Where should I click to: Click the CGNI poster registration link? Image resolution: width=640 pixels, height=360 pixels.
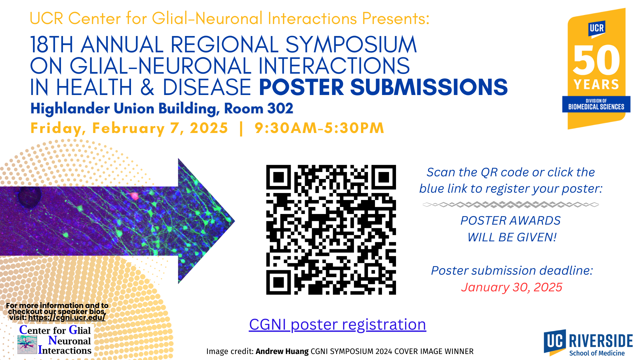click(x=337, y=324)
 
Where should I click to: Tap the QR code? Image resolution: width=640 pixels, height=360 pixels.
click(x=331, y=230)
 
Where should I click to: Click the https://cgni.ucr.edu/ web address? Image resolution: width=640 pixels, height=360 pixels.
click(x=67, y=317)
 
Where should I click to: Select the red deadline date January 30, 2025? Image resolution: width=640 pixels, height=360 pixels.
click(x=512, y=287)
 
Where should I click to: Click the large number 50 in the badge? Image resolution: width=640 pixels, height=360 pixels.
click(x=596, y=60)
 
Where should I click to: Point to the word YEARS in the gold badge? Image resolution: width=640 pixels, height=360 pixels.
click(x=596, y=84)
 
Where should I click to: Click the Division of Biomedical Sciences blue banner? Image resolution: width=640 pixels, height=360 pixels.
click(x=596, y=104)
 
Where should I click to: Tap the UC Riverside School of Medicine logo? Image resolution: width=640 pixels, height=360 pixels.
click(x=588, y=343)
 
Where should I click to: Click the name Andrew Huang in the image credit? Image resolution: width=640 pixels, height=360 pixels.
click(x=282, y=351)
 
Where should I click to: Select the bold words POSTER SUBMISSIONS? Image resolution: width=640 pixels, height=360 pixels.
click(x=383, y=87)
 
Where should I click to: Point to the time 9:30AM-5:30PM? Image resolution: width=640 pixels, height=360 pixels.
click(x=319, y=128)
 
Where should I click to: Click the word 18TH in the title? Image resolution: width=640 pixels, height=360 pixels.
click(x=52, y=45)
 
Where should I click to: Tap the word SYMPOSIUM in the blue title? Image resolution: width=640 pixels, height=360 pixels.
click(x=351, y=45)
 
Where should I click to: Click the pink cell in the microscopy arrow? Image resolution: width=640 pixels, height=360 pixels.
click(x=134, y=196)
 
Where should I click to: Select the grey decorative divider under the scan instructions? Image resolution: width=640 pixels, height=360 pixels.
click(x=511, y=204)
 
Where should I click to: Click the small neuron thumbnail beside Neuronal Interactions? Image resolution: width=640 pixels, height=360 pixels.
click(x=27, y=345)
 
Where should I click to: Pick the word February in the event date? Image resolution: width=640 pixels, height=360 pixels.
click(x=128, y=128)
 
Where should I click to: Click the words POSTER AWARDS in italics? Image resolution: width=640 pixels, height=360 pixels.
click(x=510, y=220)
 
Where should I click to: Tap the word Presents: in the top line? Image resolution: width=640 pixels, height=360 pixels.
click(x=396, y=18)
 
